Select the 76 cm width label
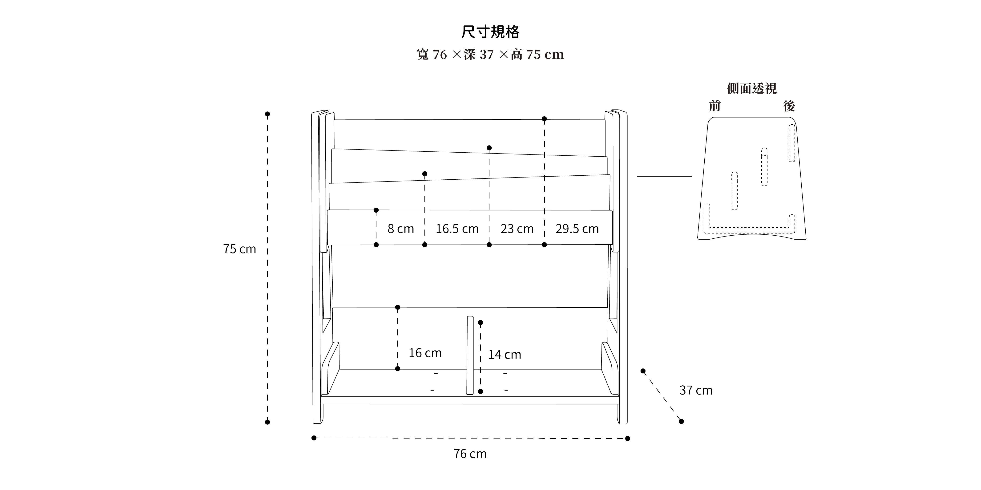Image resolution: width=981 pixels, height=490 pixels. tap(470, 454)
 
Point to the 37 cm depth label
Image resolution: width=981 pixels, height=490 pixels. tap(696, 390)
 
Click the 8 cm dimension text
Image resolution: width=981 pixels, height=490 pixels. tap(401, 229)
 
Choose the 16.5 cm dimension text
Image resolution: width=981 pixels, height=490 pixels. tap(457, 229)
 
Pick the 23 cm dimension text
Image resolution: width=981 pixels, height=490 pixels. tap(517, 229)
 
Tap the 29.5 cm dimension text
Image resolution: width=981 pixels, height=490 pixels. tap(577, 229)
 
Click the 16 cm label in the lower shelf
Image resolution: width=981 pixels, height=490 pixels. tap(425, 353)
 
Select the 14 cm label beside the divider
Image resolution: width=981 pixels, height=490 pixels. tap(505, 355)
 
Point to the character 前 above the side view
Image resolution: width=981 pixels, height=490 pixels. tap(715, 106)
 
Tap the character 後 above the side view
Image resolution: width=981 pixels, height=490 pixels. tap(789, 106)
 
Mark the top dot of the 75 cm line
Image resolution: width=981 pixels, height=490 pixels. tap(267, 114)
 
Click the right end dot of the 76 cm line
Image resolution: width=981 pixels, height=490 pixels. tap(628, 439)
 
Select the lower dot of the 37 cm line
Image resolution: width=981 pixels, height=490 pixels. tap(681, 422)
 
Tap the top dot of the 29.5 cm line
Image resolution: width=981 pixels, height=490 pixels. tap(544, 119)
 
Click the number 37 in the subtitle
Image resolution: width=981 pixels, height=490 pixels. tap(487, 55)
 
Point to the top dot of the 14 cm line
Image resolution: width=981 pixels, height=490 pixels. tap(480, 323)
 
